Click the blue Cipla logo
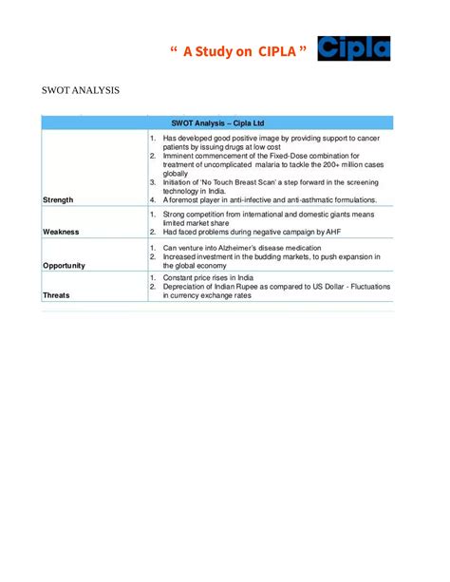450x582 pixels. pyautogui.click(x=353, y=47)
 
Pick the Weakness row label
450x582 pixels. pyautogui.click(x=61, y=232)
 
